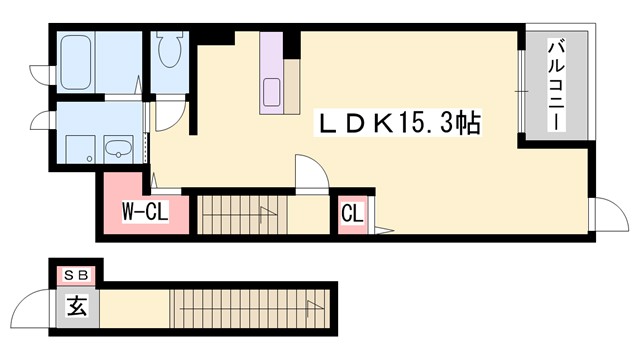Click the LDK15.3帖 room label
click(401, 124)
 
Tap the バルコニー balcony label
click(557, 86)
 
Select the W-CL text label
click(144, 212)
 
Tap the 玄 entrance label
click(76, 306)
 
